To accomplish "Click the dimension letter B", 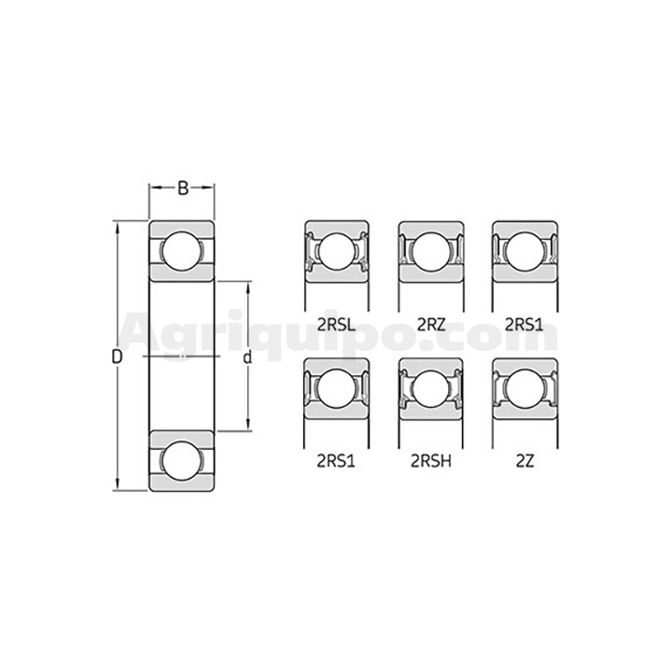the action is (x=183, y=188).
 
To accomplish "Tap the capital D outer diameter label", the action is (x=117, y=357).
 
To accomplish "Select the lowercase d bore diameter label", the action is (x=247, y=357).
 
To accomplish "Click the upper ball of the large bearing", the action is (x=182, y=251).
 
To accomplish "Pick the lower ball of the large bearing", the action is (x=182, y=461).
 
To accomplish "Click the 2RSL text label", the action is (x=336, y=325).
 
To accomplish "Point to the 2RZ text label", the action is (x=431, y=325).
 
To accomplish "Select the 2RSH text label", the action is (x=431, y=462).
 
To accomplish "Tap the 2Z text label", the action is (x=525, y=462).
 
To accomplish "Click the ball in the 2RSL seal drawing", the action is (x=337, y=252).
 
